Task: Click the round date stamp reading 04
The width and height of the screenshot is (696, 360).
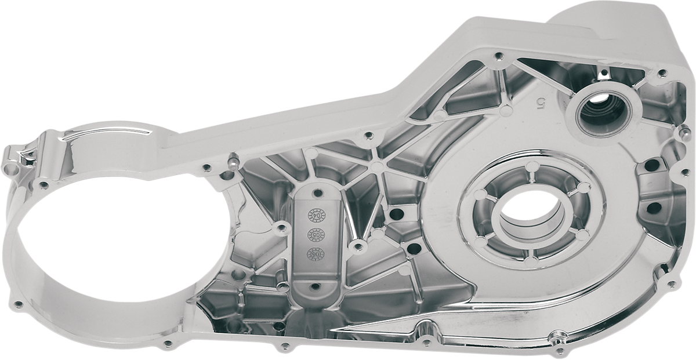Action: click(x=317, y=215)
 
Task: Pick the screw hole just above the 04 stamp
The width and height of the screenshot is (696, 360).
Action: click(x=318, y=192)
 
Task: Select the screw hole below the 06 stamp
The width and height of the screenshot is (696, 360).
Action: click(x=315, y=286)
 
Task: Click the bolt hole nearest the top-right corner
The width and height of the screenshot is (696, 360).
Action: click(x=661, y=72)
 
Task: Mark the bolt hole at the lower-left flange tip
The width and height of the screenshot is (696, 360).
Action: click(x=19, y=303)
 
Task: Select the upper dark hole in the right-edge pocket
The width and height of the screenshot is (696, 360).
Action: click(x=651, y=165)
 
